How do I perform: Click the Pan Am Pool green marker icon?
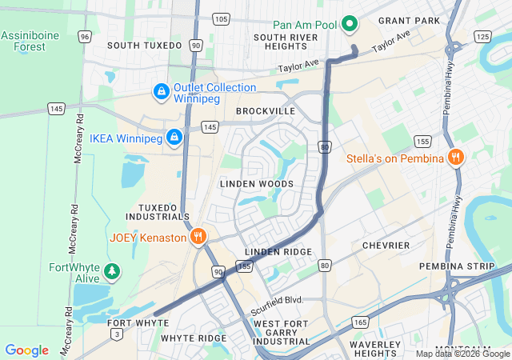point(349,25)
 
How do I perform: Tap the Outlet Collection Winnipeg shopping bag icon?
point(161,92)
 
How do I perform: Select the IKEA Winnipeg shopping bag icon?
point(174,138)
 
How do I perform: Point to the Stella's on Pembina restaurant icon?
point(455,158)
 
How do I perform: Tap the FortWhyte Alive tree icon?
point(112,272)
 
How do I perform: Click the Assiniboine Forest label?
point(29,42)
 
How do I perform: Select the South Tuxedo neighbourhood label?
point(144,46)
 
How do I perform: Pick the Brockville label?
point(266,110)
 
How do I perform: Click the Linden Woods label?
point(256,184)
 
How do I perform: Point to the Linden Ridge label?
point(278,252)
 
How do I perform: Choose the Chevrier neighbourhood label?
point(386,245)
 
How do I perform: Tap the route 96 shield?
point(85,37)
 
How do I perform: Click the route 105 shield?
point(222,18)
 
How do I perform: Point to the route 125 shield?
point(482,37)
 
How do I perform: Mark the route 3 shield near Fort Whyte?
point(118,333)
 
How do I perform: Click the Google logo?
point(26,350)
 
